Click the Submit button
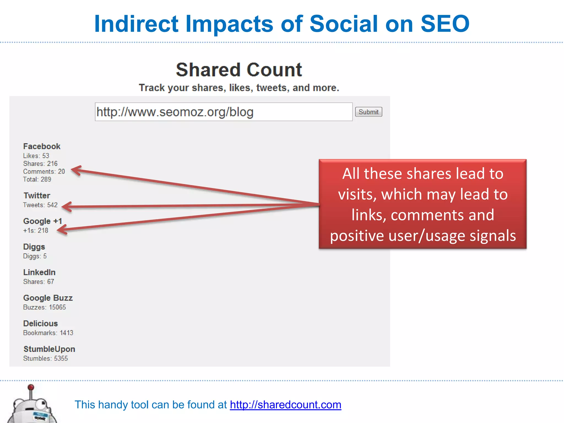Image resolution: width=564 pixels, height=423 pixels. point(368,112)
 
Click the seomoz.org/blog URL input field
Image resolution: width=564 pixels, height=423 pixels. point(223,112)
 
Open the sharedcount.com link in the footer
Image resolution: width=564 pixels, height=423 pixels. point(286,405)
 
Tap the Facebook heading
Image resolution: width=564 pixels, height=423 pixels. point(42,146)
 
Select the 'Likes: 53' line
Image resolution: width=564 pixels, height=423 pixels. point(36,156)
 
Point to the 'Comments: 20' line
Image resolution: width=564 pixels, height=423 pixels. point(44,171)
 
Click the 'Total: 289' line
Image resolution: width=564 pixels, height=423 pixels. point(37,179)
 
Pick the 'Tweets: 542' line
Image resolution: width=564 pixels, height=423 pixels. point(40,205)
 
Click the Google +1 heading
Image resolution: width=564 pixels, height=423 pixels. point(43,221)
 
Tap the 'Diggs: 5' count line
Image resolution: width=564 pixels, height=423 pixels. point(35,256)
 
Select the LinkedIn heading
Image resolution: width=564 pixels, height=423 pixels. point(39,272)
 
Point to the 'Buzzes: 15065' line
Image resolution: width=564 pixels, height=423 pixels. point(45,307)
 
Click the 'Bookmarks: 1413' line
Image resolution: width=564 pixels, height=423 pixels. point(48,333)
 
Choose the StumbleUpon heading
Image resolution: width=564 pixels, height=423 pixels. point(49,349)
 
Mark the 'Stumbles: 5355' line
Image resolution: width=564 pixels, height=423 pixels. point(45,358)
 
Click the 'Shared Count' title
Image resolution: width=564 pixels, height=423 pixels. point(239,70)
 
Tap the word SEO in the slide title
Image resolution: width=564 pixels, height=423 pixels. point(445,24)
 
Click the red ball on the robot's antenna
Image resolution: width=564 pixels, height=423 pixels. point(31,387)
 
